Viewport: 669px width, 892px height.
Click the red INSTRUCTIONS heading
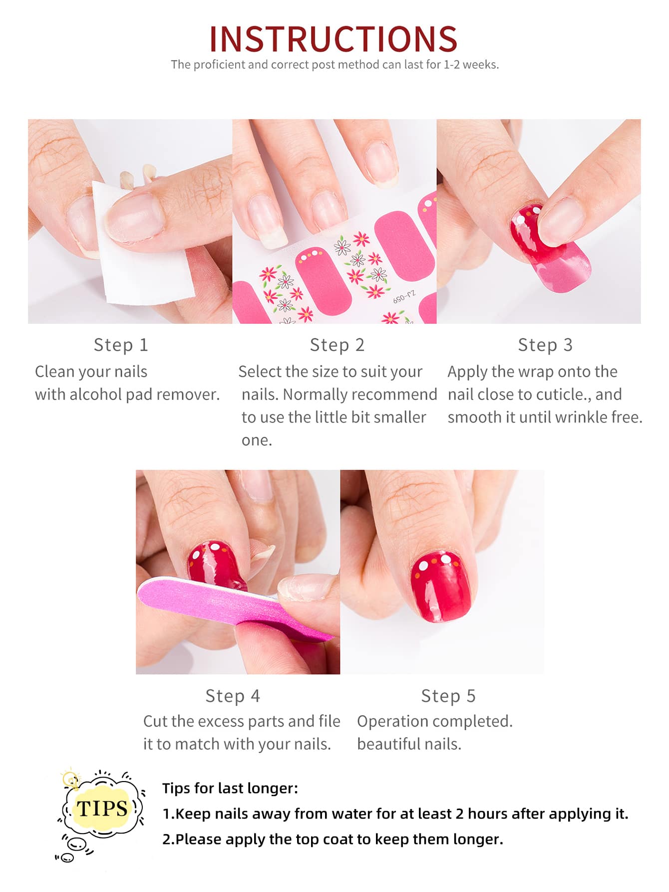pos(334,39)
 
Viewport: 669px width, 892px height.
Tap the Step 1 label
pos(121,345)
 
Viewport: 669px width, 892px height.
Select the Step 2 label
pos(337,345)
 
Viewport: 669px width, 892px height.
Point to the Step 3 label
pos(545,345)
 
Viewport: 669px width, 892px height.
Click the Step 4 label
pos(233,696)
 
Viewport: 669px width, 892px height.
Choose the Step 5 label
pos(448,696)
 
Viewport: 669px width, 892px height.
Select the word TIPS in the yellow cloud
pos(102,808)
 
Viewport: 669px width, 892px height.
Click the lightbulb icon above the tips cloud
pos(71,780)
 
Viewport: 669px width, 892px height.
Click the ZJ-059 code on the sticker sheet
pos(404,297)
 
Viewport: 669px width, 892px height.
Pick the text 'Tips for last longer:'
pos(230,788)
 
